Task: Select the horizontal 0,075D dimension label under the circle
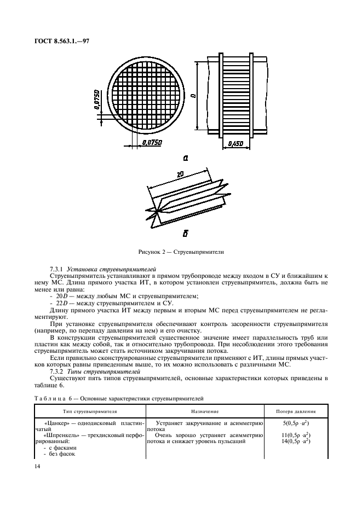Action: pos(152,142)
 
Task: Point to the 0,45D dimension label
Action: pos(234,143)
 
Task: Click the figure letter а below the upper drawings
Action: pos(186,158)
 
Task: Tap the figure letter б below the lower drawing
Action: pos(186,234)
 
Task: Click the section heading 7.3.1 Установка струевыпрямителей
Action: pos(103,269)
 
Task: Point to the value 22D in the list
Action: pos(61,302)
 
